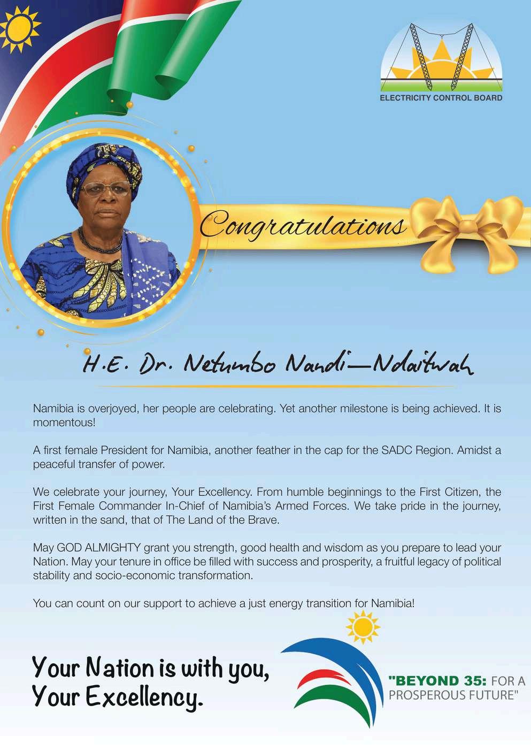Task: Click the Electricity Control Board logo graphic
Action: tap(442, 58)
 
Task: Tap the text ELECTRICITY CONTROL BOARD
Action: tap(441, 98)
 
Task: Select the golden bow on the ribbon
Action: tap(468, 230)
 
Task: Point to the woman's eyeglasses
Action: tap(106, 189)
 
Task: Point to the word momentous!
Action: tap(64, 423)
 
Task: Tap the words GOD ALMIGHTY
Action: tap(99, 548)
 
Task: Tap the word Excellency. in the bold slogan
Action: tap(144, 697)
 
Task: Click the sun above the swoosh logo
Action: tap(363, 626)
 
